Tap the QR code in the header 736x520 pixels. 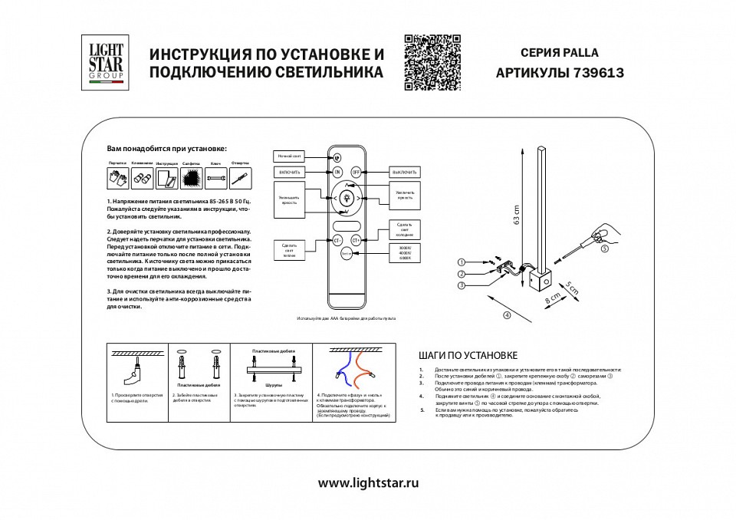(x=432, y=63)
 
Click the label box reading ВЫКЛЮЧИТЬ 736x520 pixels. (x=405, y=172)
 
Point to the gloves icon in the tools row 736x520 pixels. (x=117, y=178)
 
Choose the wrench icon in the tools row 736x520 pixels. (x=216, y=178)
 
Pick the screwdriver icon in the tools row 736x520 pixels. (x=241, y=178)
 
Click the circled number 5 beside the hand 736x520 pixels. (x=605, y=248)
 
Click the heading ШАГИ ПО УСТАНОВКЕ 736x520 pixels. (x=468, y=356)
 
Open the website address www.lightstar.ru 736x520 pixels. (x=368, y=483)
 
